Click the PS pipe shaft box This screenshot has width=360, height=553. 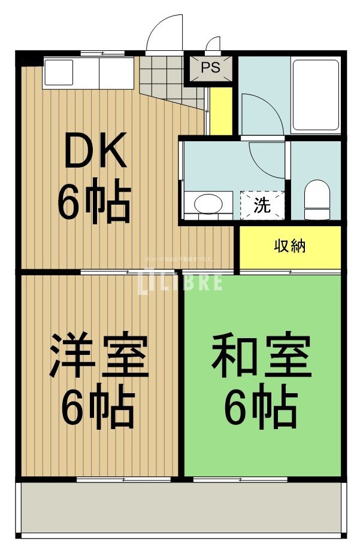tap(210, 68)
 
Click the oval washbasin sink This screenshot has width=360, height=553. tap(207, 203)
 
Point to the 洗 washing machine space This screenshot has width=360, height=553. tap(262, 205)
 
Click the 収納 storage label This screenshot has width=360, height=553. tap(290, 246)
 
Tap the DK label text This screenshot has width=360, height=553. tap(96, 151)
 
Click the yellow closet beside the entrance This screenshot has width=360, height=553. tap(220, 111)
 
